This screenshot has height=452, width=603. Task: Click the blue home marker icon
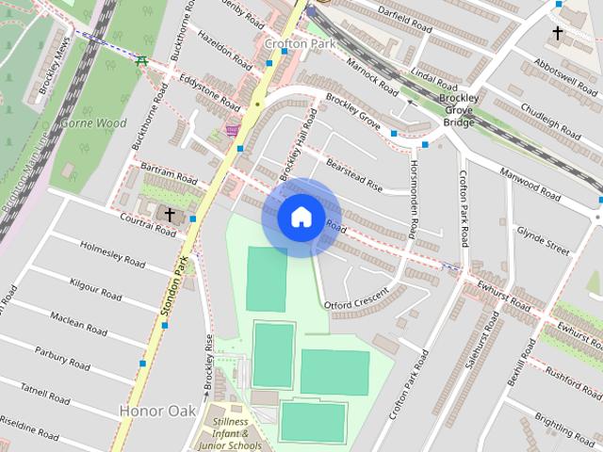tap(301, 218)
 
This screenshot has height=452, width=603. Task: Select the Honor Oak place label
tap(157, 411)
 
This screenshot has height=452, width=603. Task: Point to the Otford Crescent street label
tap(355, 298)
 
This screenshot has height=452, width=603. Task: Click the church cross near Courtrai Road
tap(170, 216)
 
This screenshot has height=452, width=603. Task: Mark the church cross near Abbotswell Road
tap(557, 34)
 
